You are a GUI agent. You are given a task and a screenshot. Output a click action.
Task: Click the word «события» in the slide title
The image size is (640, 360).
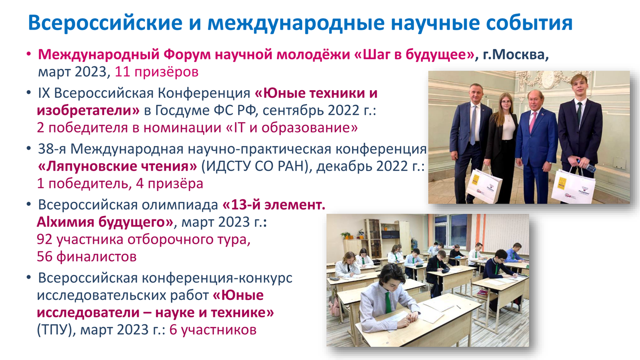click(529, 23)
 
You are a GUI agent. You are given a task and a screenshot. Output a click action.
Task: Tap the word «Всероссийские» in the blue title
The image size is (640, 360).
click(105, 23)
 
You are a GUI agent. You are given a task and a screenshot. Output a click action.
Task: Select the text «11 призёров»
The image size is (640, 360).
click(157, 72)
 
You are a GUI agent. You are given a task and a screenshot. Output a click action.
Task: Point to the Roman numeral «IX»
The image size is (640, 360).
click(44, 93)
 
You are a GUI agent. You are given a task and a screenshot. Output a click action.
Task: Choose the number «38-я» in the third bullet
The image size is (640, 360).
click(52, 149)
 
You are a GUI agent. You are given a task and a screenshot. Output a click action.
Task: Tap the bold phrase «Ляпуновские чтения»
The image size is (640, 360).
click(117, 167)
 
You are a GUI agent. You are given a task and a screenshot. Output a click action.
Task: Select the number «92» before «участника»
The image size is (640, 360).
click(45, 239)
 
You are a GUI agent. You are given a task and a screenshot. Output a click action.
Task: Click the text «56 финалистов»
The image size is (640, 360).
click(87, 257)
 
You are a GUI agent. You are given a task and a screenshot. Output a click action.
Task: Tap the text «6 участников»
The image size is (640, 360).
click(213, 330)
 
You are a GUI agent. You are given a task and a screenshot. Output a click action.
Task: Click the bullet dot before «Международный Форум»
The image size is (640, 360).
click(29, 54)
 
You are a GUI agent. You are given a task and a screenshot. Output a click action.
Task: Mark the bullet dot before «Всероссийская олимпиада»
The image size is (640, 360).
click(29, 204)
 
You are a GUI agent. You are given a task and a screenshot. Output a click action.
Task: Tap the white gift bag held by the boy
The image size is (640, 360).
click(573, 186)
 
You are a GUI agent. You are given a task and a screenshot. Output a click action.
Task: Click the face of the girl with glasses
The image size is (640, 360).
click(506, 102)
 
